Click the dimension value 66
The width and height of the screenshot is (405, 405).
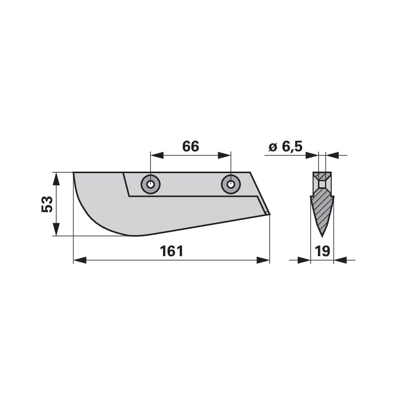(x=190, y=147)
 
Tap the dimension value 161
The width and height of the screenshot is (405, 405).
(x=172, y=252)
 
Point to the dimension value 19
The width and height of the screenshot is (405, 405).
(x=322, y=252)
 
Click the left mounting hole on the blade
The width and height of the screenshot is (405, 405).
(x=150, y=184)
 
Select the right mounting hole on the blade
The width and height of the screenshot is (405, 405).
(x=230, y=184)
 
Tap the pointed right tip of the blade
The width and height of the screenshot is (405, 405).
(x=269, y=214)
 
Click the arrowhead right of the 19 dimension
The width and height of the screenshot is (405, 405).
(x=339, y=260)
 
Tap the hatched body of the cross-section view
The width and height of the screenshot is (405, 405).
(x=321, y=210)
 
